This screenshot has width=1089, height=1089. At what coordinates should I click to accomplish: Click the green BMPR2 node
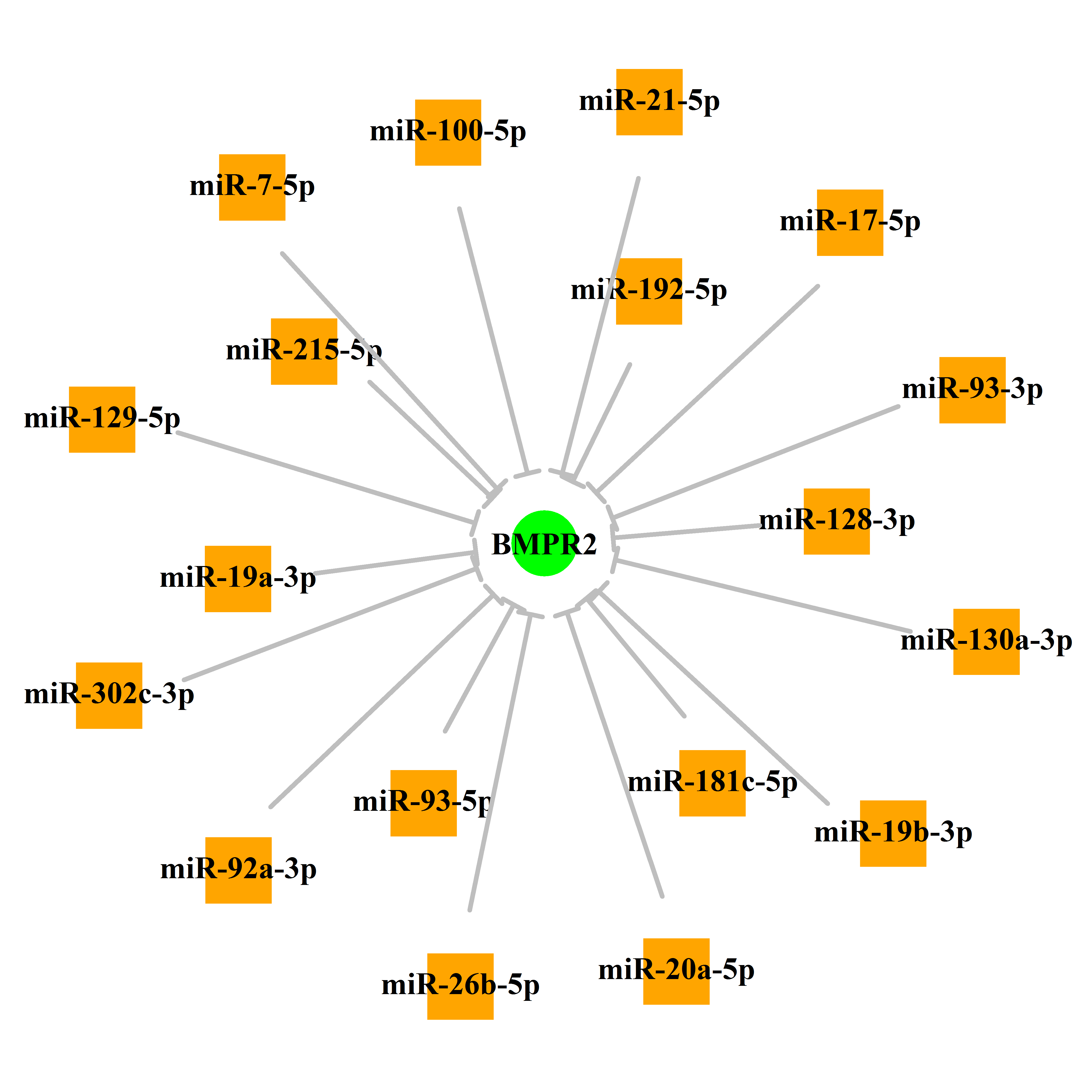click(544, 543)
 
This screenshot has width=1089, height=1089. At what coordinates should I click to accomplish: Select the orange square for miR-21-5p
click(649, 102)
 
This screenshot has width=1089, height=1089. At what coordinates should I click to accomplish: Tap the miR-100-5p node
click(448, 132)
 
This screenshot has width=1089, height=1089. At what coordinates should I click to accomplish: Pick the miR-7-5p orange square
click(252, 187)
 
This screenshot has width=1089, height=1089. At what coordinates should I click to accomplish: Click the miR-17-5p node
click(850, 223)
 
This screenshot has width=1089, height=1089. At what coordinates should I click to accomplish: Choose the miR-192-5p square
click(649, 291)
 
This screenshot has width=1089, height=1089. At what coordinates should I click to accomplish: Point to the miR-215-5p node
click(304, 352)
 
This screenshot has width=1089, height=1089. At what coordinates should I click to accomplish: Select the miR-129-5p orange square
click(102, 419)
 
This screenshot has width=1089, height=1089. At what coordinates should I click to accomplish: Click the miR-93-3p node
click(972, 390)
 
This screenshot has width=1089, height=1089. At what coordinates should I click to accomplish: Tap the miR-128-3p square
click(836, 521)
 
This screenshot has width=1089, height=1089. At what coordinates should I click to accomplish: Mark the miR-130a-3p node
click(986, 641)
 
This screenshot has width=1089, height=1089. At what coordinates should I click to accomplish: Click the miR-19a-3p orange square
click(238, 579)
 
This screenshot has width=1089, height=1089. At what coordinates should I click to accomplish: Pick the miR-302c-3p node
click(109, 696)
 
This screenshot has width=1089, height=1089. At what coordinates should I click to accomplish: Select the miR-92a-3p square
click(239, 870)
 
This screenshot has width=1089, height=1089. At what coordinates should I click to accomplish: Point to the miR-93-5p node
click(423, 803)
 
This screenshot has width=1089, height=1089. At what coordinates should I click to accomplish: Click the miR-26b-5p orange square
click(460, 986)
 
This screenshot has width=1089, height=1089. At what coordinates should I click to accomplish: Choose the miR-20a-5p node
click(676, 971)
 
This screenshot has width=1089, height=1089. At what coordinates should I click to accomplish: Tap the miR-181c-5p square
click(713, 783)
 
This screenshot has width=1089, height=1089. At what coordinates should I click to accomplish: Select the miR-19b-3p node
click(893, 833)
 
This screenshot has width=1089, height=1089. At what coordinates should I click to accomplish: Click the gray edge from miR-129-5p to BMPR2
click(326, 478)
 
